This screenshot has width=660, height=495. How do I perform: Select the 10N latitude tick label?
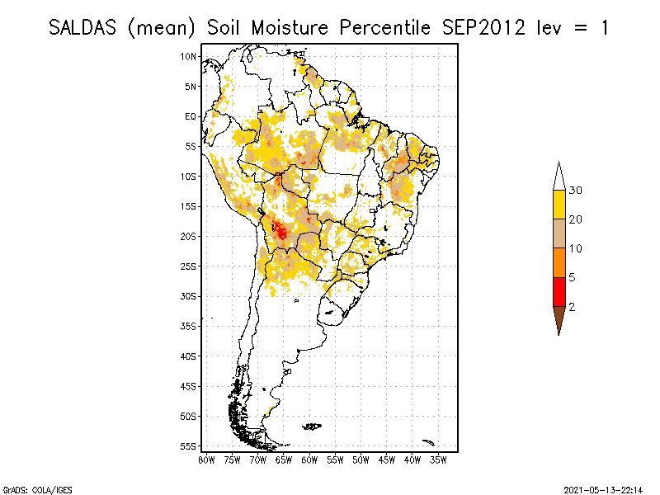pyautogui.click(x=189, y=56)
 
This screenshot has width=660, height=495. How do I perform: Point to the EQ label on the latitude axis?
pyautogui.click(x=191, y=116)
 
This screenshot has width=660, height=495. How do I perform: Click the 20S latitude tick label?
pyautogui.click(x=189, y=236)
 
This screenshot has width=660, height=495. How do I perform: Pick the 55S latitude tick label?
pyautogui.click(x=189, y=445)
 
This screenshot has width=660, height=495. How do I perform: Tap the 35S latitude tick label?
pyautogui.click(x=189, y=326)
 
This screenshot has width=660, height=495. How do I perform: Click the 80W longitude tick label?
pyautogui.click(x=206, y=459)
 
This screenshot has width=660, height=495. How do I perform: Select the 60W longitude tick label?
pyautogui.click(x=309, y=459)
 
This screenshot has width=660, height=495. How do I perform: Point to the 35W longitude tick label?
pyautogui.click(x=438, y=459)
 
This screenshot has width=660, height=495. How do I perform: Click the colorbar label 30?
pyautogui.click(x=576, y=191)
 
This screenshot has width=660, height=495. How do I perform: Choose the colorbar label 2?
pyautogui.click(x=572, y=307)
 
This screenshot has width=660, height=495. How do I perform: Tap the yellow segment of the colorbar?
pyautogui.click(x=559, y=205)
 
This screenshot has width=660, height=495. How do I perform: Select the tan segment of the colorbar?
pyautogui.click(x=559, y=234)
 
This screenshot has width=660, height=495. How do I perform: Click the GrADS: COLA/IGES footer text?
pyautogui.click(x=26, y=488)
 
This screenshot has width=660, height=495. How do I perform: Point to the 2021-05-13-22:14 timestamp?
pyautogui.click(x=602, y=488)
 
